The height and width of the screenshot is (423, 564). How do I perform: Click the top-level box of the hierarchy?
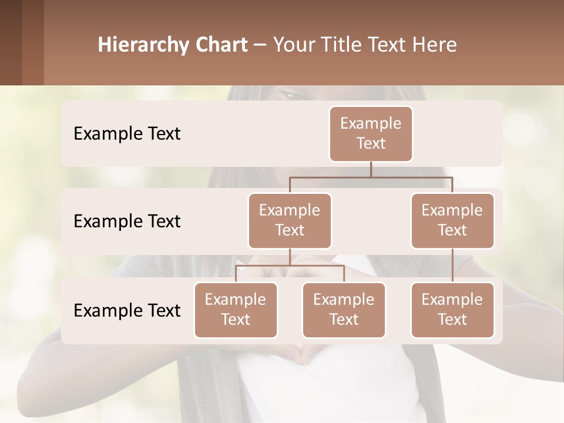point(371,133)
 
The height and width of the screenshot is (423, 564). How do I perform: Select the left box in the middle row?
point(290,220)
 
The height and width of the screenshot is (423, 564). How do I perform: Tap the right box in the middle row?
point(452,220)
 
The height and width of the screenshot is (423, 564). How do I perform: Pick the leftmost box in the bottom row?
point(236,310)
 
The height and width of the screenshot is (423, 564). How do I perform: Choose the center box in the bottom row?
point(344,310)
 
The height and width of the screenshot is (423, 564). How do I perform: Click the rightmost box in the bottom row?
point(452,310)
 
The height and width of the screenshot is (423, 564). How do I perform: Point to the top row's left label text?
point(127,133)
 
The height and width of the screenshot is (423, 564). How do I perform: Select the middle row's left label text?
point(127,221)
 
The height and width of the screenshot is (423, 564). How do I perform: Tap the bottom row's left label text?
point(127,310)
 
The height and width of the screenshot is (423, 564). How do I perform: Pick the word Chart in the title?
point(223,45)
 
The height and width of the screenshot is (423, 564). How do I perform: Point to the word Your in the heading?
point(294,45)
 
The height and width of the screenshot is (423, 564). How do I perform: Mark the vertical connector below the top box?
point(371,169)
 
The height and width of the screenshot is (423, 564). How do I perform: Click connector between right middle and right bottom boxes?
point(452,266)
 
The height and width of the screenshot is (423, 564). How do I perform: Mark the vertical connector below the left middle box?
point(290,257)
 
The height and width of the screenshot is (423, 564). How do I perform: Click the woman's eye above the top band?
point(292,93)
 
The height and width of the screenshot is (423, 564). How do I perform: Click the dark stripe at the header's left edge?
point(11,42)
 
